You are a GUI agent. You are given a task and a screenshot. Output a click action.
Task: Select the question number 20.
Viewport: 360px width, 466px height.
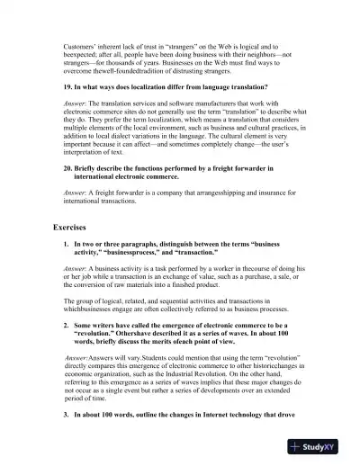(x=68, y=168)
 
